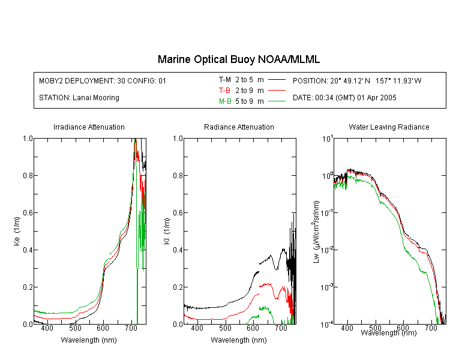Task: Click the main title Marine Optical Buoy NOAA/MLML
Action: (x=238, y=59)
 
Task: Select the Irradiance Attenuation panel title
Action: (x=89, y=127)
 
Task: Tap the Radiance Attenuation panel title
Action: (x=239, y=127)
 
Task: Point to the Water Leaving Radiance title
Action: (x=389, y=127)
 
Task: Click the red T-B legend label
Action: (x=224, y=91)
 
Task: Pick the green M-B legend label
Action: (x=225, y=101)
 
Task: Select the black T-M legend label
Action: (x=225, y=80)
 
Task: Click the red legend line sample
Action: (x=277, y=91)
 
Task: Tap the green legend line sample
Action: (x=277, y=101)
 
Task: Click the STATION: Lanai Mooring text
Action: (x=79, y=98)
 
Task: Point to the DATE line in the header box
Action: (x=344, y=98)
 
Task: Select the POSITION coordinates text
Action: (x=357, y=80)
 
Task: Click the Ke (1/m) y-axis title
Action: (x=17, y=231)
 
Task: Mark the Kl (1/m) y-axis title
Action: (x=167, y=231)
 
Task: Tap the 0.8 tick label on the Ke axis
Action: (x=28, y=175)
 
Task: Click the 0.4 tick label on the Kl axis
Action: (x=178, y=250)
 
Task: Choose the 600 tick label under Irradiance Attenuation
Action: (x=103, y=328)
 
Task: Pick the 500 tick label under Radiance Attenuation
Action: (x=225, y=328)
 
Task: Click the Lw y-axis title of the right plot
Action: (x=316, y=232)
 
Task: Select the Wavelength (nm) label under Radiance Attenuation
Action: (x=239, y=340)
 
